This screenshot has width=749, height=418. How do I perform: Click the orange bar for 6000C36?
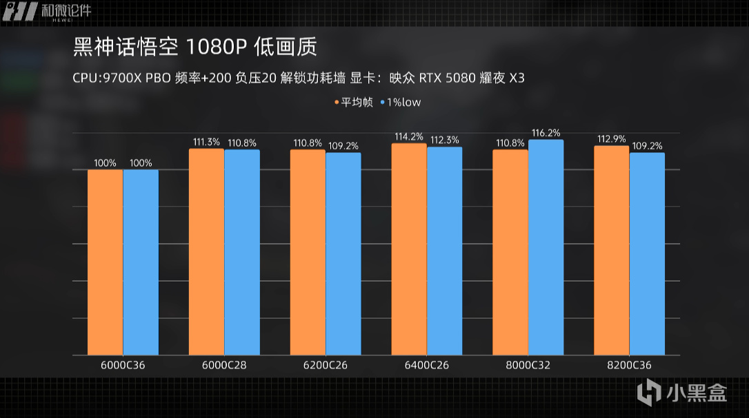tap(105, 262)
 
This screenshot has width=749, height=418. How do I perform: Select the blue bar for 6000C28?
tap(242, 252)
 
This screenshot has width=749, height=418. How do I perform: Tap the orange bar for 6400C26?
tap(409, 249)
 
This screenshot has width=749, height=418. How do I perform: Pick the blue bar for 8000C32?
tap(546, 247)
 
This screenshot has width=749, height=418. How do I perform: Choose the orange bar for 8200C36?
tap(612, 251)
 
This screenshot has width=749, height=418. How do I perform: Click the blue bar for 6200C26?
tap(343, 253)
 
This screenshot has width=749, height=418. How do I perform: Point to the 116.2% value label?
tap(546, 133)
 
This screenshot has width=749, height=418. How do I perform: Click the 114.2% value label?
tap(409, 136)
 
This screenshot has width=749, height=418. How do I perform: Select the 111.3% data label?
tap(206, 142)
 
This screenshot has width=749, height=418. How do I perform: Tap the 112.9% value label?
tap(612, 139)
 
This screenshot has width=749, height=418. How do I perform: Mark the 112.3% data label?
tap(445, 140)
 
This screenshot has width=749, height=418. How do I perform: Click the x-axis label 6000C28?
tap(224, 365)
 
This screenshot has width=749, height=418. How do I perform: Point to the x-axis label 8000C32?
tap(528, 365)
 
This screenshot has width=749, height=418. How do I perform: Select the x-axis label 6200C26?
tap(325, 365)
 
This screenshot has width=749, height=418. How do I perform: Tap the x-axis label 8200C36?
tap(629, 365)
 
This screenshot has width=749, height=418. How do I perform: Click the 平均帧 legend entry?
tap(354, 102)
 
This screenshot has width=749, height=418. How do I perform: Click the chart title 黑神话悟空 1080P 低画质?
tap(194, 48)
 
